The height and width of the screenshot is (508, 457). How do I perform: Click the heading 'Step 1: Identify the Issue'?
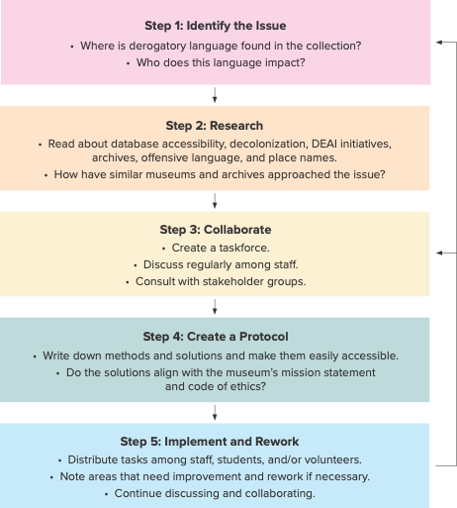pos(216,26)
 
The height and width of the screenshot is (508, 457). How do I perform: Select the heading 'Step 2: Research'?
pos(215,126)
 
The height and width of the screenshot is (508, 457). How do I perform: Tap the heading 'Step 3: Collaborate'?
pos(216,230)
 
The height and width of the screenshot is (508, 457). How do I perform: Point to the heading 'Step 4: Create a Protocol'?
pos(216,337)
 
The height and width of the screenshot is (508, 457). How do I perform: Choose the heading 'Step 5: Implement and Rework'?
pos(210,442)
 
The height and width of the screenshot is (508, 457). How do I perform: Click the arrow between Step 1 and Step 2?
pos(215,95)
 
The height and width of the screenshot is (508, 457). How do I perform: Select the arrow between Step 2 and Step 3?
pos(215,201)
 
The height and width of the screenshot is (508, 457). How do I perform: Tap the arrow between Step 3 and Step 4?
pos(215,307)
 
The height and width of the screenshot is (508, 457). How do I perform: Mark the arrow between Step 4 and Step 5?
pos(215,412)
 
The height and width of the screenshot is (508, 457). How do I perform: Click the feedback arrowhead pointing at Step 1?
pos(439,43)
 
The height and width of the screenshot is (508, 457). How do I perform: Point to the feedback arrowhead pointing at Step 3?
pos(439,253)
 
